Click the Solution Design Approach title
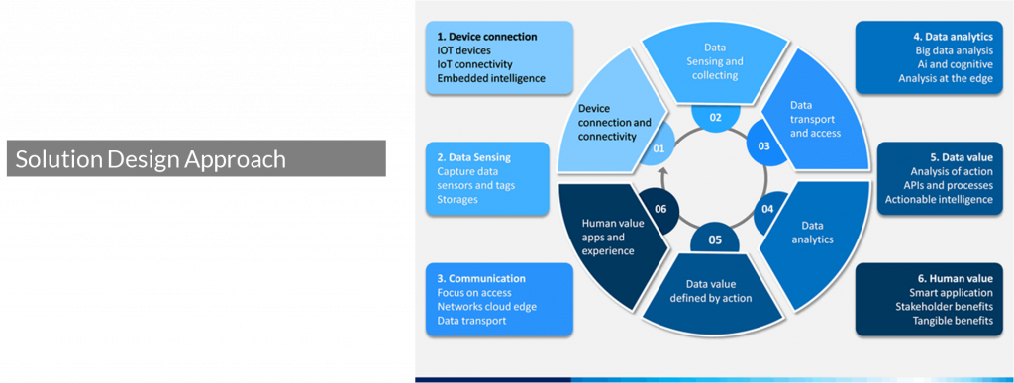pos(151,159)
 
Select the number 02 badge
pos(714,117)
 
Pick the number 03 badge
pos(763,146)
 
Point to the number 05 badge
pos(713,239)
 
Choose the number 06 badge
pos(660,210)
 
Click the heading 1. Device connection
pos(486,36)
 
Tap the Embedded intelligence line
pos(490,77)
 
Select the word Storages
pos(458,199)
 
